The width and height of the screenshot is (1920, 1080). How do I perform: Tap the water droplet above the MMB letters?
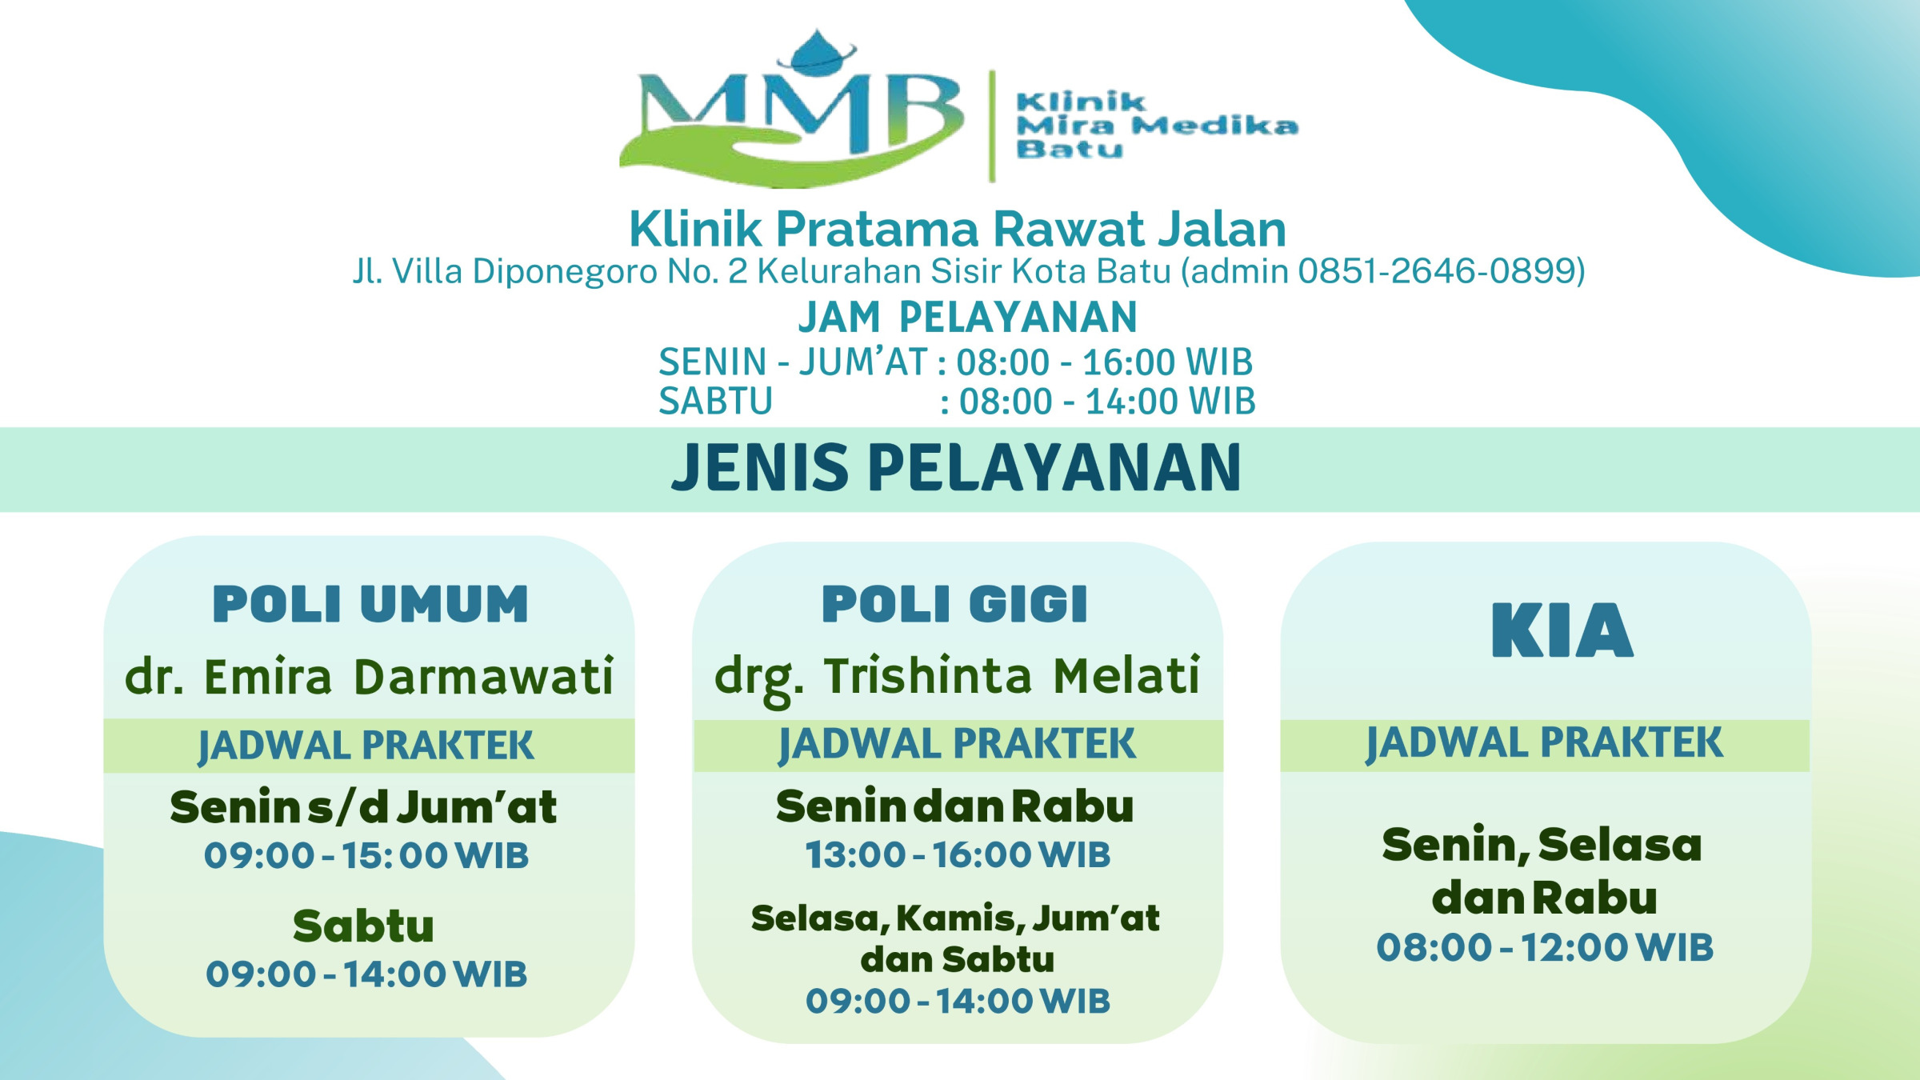coord(817,53)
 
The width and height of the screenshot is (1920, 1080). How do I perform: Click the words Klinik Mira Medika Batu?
coord(1157,126)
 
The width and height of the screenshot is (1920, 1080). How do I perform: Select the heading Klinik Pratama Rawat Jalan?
coord(958,229)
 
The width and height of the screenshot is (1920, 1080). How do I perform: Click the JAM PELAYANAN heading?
coord(967,318)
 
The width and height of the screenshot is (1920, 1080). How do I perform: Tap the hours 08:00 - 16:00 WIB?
coord(1105,362)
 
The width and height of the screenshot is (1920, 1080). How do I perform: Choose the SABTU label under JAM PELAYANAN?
coord(715,402)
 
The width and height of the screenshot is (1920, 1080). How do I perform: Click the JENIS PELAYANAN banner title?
coord(957,468)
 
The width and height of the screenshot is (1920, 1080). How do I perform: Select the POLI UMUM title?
coord(370,604)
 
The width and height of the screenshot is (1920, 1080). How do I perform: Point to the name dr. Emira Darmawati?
coord(369,677)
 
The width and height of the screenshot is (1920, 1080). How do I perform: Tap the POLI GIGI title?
coord(955,604)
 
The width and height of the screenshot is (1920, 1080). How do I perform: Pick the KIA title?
coord(1562,631)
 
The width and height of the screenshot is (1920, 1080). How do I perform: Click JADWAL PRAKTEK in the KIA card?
coord(1544,744)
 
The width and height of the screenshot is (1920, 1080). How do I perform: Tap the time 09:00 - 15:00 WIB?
coord(366,856)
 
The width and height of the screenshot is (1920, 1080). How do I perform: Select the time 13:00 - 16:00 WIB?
coord(958,855)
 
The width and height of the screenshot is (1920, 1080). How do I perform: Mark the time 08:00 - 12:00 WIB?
coord(1545,948)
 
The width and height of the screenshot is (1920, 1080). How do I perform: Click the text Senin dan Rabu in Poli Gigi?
coord(955,806)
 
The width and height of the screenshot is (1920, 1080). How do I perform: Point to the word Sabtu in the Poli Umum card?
coord(363,926)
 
